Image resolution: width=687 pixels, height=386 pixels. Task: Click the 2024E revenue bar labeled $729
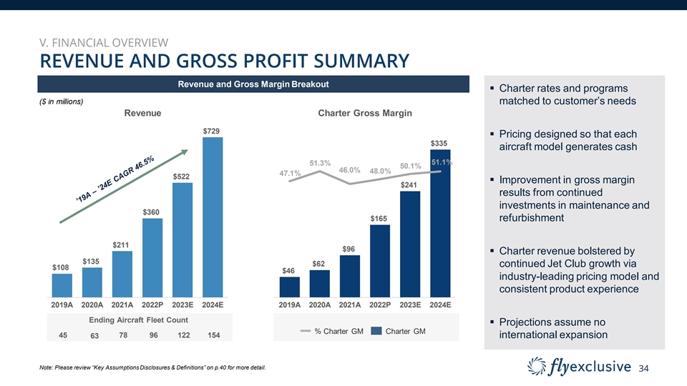(213, 216)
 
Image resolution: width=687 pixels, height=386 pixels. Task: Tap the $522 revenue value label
(182, 176)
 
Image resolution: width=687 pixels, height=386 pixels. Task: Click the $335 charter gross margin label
(439, 143)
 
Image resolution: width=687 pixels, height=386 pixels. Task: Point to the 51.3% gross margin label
(320, 163)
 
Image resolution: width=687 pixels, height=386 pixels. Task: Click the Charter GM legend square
(376, 331)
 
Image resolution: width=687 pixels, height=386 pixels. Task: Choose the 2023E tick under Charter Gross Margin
(410, 305)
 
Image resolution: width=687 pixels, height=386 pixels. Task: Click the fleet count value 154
(213, 335)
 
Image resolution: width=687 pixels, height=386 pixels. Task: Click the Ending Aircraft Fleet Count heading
(138, 320)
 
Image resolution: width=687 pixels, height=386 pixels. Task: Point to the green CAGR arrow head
(185, 152)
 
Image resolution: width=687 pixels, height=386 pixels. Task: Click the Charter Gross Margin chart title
(365, 113)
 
